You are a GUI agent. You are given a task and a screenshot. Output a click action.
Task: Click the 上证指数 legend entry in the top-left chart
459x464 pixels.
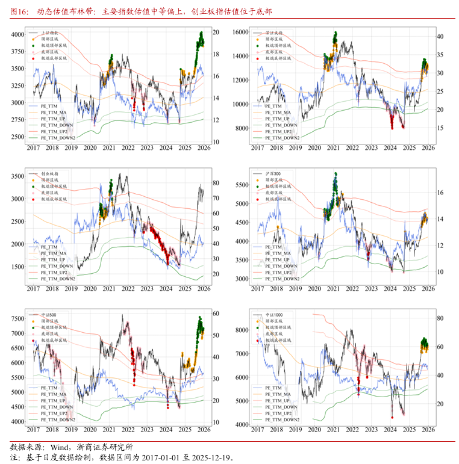point(49,32)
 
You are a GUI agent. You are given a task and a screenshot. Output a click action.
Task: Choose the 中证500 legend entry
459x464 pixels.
point(49,315)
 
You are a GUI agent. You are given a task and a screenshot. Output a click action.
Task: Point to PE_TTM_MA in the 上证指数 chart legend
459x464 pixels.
point(54,112)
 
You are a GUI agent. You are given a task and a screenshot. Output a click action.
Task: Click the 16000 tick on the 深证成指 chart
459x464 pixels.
point(240,31)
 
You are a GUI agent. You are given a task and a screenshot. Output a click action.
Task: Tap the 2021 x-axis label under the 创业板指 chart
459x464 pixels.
point(109,289)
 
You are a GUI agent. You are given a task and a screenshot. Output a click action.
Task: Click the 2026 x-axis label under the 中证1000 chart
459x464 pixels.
point(428,431)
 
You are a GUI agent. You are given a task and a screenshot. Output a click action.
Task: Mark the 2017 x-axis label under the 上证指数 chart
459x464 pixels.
point(33,147)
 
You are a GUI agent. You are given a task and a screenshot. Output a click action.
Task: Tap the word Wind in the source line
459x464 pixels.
point(60,447)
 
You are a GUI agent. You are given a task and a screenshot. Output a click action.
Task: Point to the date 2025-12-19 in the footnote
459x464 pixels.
point(207,457)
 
